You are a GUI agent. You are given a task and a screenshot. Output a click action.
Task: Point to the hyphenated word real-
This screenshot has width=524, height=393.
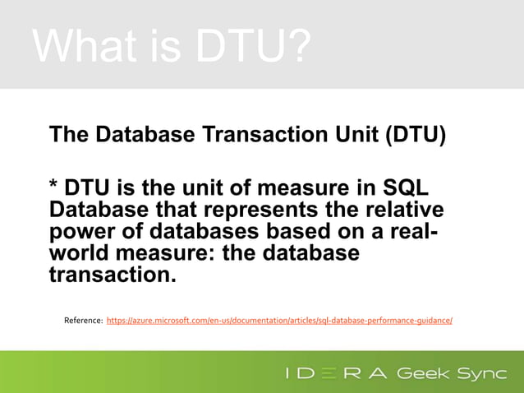coord(407,231)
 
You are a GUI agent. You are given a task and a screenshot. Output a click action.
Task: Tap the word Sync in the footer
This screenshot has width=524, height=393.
coord(482,374)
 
